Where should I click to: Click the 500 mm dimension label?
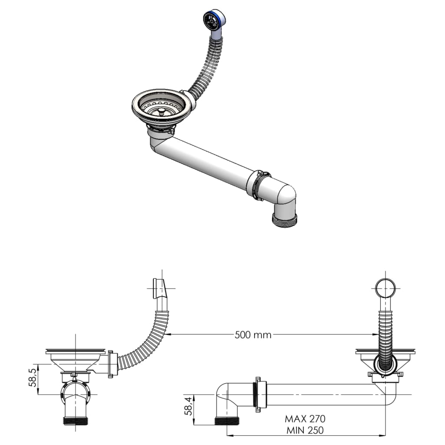click(x=253, y=335)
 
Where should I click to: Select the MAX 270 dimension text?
click(x=305, y=419)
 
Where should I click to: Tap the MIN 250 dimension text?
click(x=305, y=430)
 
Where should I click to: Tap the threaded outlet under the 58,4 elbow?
click(x=227, y=421)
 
